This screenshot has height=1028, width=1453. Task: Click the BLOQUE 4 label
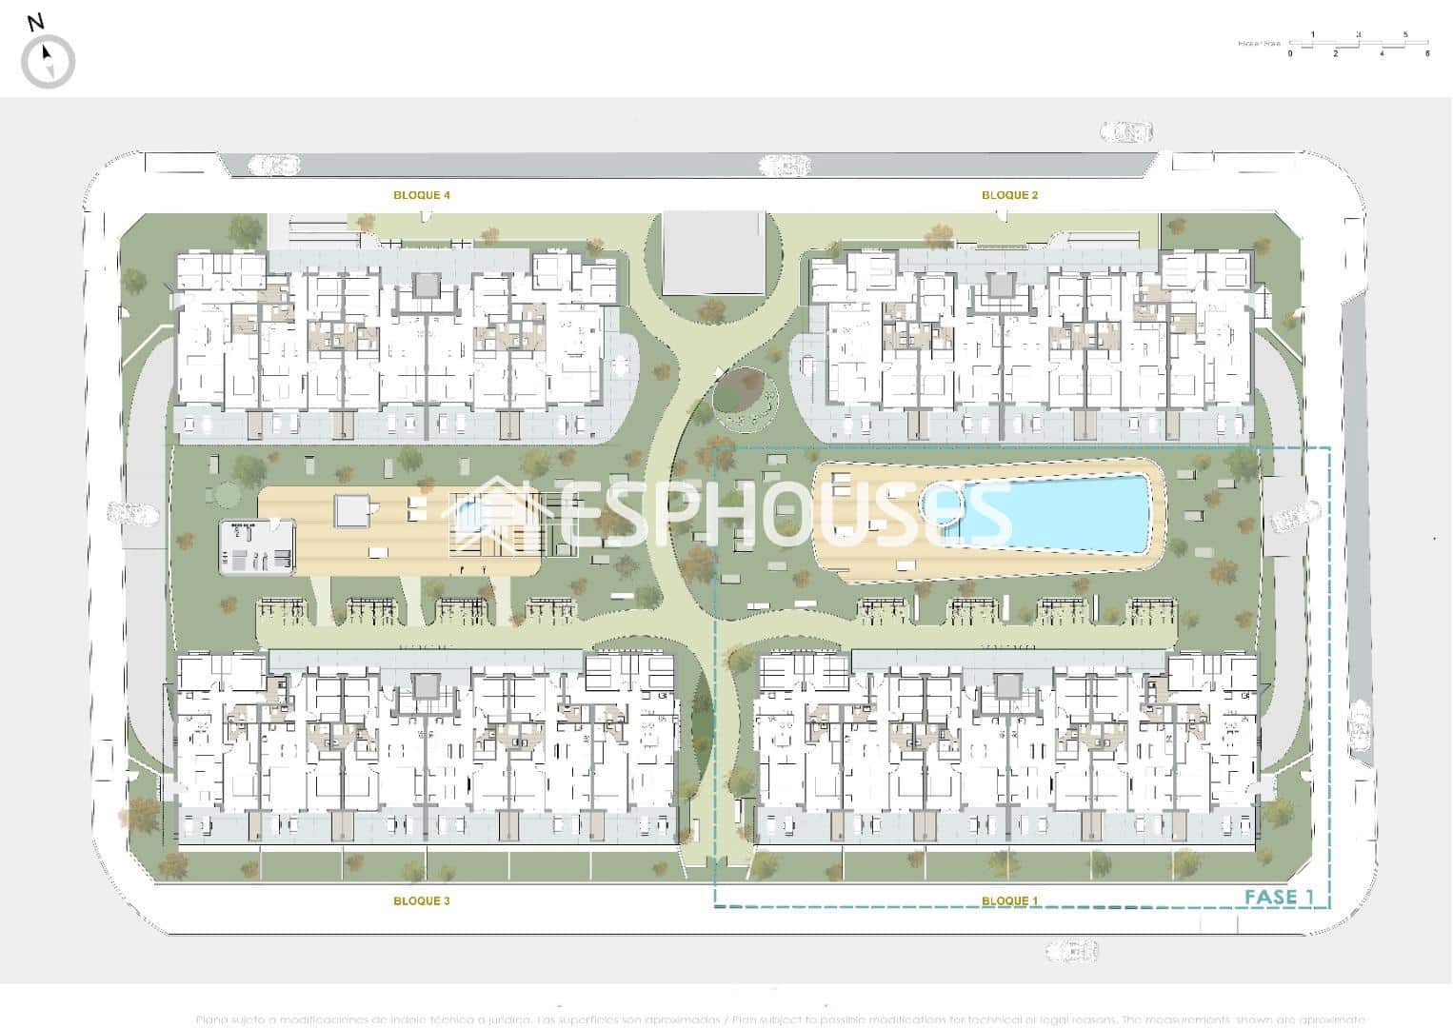pyautogui.click(x=422, y=195)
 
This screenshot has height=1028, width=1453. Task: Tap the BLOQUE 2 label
pyautogui.click(x=1009, y=195)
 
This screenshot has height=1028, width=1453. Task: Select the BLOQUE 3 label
pyautogui.click(x=422, y=900)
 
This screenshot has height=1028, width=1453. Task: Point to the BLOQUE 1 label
pyautogui.click(x=1009, y=900)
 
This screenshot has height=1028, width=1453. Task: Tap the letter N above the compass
pyautogui.click(x=36, y=23)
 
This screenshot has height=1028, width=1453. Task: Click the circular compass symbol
pyautogui.click(x=48, y=62)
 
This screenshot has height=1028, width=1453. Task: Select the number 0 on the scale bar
pyautogui.click(x=1290, y=54)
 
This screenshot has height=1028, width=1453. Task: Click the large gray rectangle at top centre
pyautogui.click(x=714, y=253)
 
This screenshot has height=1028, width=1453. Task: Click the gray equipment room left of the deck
pyautogui.click(x=257, y=547)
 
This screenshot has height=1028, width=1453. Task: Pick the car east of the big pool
pyautogui.click(x=1295, y=517)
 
